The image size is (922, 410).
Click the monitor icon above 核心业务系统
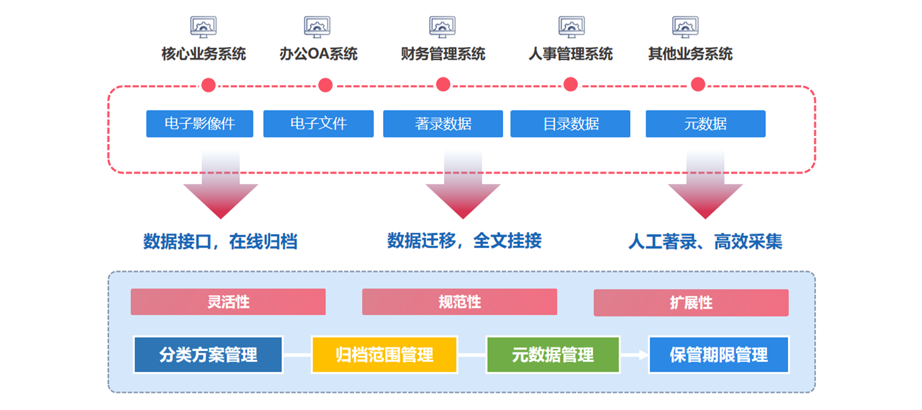(x=203, y=26)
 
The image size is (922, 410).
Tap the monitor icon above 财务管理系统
(x=442, y=26)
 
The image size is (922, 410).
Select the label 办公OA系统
(x=318, y=54)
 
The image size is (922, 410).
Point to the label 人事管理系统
(x=570, y=54)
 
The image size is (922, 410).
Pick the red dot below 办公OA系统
(x=325, y=85)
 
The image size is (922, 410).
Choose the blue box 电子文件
(x=318, y=124)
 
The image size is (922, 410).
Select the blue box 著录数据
(x=443, y=124)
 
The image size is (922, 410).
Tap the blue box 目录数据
(x=570, y=124)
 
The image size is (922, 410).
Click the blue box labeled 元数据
(x=705, y=124)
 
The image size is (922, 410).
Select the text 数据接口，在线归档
(x=220, y=241)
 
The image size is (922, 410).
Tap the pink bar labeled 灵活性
(x=228, y=302)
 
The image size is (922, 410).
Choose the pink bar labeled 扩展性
(x=691, y=303)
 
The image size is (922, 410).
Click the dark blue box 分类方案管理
(x=208, y=355)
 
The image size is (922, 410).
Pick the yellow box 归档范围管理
(x=384, y=355)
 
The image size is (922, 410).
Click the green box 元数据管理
(x=553, y=355)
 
